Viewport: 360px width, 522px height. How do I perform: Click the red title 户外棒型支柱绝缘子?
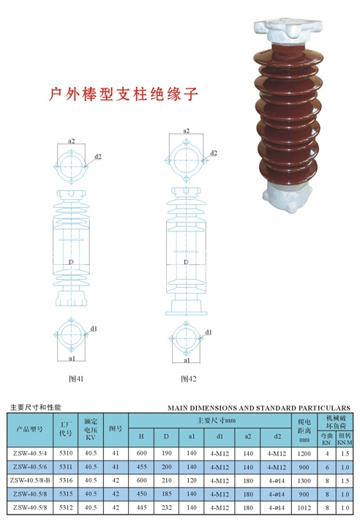point(124,94)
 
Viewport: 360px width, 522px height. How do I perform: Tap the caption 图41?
point(76,379)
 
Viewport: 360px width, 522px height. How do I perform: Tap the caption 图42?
point(189,379)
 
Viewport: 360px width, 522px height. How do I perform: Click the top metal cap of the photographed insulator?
point(288,31)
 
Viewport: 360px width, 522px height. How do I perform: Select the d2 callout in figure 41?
point(98,157)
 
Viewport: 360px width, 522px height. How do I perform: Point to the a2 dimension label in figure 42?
point(187,131)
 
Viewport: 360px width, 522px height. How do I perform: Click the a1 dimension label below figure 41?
point(72,359)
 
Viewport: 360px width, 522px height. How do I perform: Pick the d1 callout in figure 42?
point(209,332)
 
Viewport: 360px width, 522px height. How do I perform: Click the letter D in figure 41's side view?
point(71,262)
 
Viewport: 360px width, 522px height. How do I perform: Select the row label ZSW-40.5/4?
point(30,453)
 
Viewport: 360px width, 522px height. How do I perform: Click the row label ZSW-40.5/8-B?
point(30,480)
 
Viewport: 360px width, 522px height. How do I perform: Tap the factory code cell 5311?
point(66,467)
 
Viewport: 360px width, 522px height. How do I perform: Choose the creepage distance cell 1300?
point(304,480)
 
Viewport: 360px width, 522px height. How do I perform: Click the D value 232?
point(166,507)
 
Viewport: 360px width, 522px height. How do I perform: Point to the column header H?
point(141,436)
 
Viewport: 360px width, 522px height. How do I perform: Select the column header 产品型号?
point(30,429)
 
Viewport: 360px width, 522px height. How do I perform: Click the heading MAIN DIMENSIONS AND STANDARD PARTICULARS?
point(259,408)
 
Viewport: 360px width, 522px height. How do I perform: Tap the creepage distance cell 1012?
point(304,507)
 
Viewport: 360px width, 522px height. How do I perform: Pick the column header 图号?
point(116,428)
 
